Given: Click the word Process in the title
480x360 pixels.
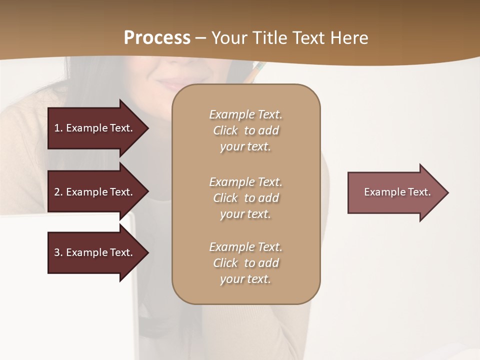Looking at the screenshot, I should [157, 38].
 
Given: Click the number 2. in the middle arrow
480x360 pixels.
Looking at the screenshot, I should [58, 192].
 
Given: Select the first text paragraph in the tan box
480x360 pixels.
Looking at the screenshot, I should [245, 130].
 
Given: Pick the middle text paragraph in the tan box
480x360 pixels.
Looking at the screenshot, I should [245, 198].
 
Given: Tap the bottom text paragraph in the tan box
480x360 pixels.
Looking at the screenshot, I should [245, 263].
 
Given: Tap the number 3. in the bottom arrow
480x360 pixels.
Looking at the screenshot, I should [58, 252].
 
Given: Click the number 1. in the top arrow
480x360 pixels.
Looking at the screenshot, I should [58, 128].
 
